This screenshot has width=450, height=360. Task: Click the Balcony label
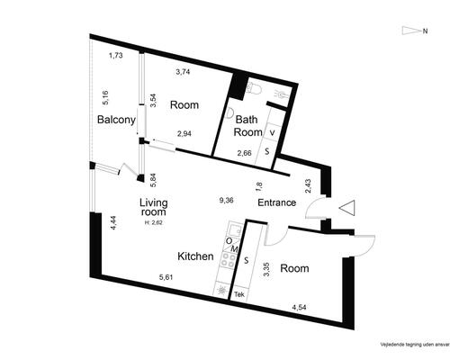116,120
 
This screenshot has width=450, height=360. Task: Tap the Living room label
154,207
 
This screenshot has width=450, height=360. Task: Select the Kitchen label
195,256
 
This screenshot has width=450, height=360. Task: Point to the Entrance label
277,202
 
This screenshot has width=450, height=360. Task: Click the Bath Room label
247,126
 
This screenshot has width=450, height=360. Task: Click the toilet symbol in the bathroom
254,88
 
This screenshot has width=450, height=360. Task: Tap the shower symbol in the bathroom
282,94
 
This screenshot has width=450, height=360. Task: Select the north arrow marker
411,31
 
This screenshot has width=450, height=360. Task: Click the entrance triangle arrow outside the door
347,208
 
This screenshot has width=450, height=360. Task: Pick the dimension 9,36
226,200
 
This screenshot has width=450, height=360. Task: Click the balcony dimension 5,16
105,97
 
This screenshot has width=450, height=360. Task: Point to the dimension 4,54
299,307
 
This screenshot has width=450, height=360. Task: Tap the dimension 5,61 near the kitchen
166,277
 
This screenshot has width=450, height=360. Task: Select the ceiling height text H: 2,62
154,222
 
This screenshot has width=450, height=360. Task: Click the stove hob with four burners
228,260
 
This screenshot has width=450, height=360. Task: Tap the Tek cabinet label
239,294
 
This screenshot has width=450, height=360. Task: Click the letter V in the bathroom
272,133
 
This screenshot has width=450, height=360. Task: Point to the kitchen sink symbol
234,230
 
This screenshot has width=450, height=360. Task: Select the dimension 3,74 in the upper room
183,72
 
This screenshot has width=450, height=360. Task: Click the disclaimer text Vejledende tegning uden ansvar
415,344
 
